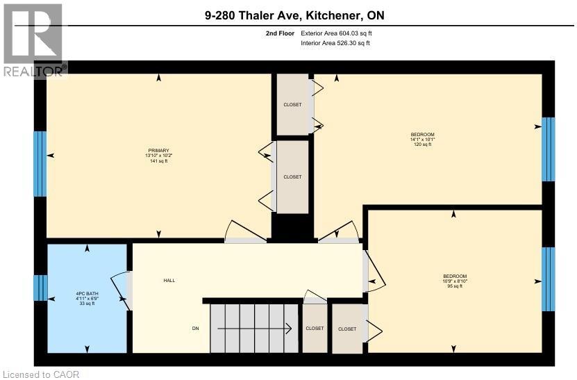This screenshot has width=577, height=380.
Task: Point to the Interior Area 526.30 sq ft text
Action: pyautogui.click(x=335, y=43)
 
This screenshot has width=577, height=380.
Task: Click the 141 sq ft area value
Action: pyautogui.click(x=158, y=160)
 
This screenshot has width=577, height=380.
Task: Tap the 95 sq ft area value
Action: pyautogui.click(x=455, y=286)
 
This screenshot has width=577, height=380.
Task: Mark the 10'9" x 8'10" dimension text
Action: pyautogui.click(x=455, y=281)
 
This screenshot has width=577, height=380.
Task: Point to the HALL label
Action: pyautogui.click(x=169, y=281)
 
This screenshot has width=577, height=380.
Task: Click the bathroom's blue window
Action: pyautogui.click(x=40, y=288)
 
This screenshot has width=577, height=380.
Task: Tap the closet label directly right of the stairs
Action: pyautogui.click(x=315, y=329)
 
